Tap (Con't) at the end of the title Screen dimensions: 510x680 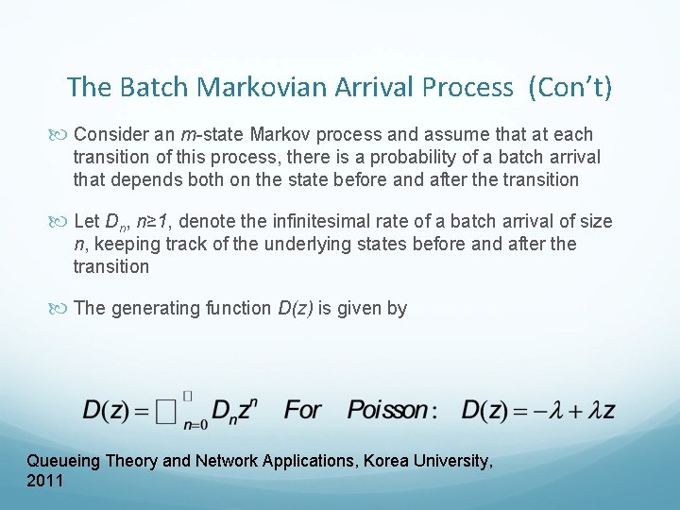click(570, 88)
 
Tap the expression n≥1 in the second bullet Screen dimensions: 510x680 click(149, 221)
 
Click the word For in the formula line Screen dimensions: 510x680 click(302, 410)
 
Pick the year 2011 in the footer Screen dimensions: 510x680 click(45, 481)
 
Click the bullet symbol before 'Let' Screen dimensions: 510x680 click(61, 222)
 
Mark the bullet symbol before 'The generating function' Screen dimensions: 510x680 click(61, 309)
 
